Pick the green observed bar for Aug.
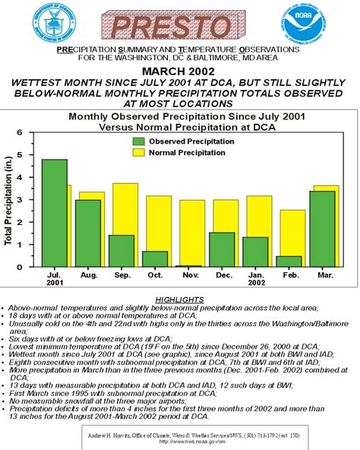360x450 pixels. [x=88, y=233]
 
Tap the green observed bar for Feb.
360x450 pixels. [x=289, y=261]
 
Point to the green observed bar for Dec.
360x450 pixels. [x=221, y=249]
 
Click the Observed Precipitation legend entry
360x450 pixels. [x=178, y=141]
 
